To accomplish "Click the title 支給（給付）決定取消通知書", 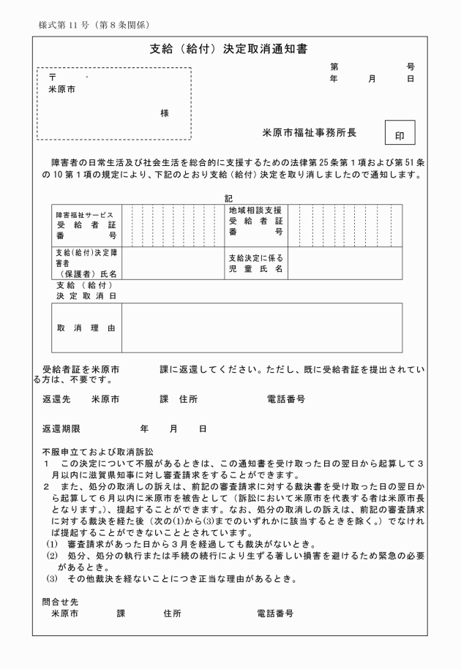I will [x=228, y=50].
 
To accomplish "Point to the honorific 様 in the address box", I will [x=165, y=113].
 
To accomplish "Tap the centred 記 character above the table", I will [x=228, y=198].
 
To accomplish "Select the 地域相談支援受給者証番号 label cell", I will [x=255, y=222].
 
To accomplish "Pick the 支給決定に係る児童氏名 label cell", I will [x=255, y=263].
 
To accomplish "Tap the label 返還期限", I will [x=61, y=428].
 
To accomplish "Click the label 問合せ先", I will [x=58, y=601].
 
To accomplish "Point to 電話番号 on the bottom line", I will [x=274, y=613].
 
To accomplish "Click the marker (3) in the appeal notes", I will [x=51, y=580].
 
